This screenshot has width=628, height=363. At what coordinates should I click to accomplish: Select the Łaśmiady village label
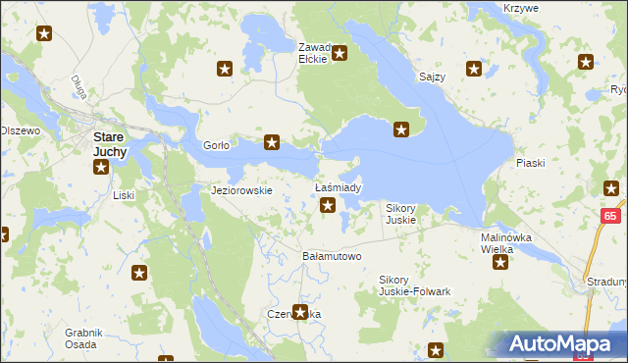[x=339, y=187]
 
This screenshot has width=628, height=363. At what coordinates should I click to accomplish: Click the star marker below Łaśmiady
[x=329, y=206]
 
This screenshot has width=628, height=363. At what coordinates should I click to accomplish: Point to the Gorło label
[x=216, y=145]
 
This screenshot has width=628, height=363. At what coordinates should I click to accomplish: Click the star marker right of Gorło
[x=272, y=143]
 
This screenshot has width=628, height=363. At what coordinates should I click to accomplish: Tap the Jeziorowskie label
[x=241, y=190]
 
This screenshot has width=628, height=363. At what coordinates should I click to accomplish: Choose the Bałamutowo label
[x=332, y=256]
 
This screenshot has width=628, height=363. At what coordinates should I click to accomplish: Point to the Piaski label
[x=529, y=164]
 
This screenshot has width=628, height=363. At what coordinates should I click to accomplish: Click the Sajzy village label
[x=433, y=77]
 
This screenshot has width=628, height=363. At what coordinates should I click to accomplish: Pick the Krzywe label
[x=520, y=7]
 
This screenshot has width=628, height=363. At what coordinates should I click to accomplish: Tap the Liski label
[x=123, y=195]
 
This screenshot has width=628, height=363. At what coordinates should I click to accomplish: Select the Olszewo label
[x=20, y=130]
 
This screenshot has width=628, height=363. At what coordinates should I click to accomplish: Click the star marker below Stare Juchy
[x=100, y=168]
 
